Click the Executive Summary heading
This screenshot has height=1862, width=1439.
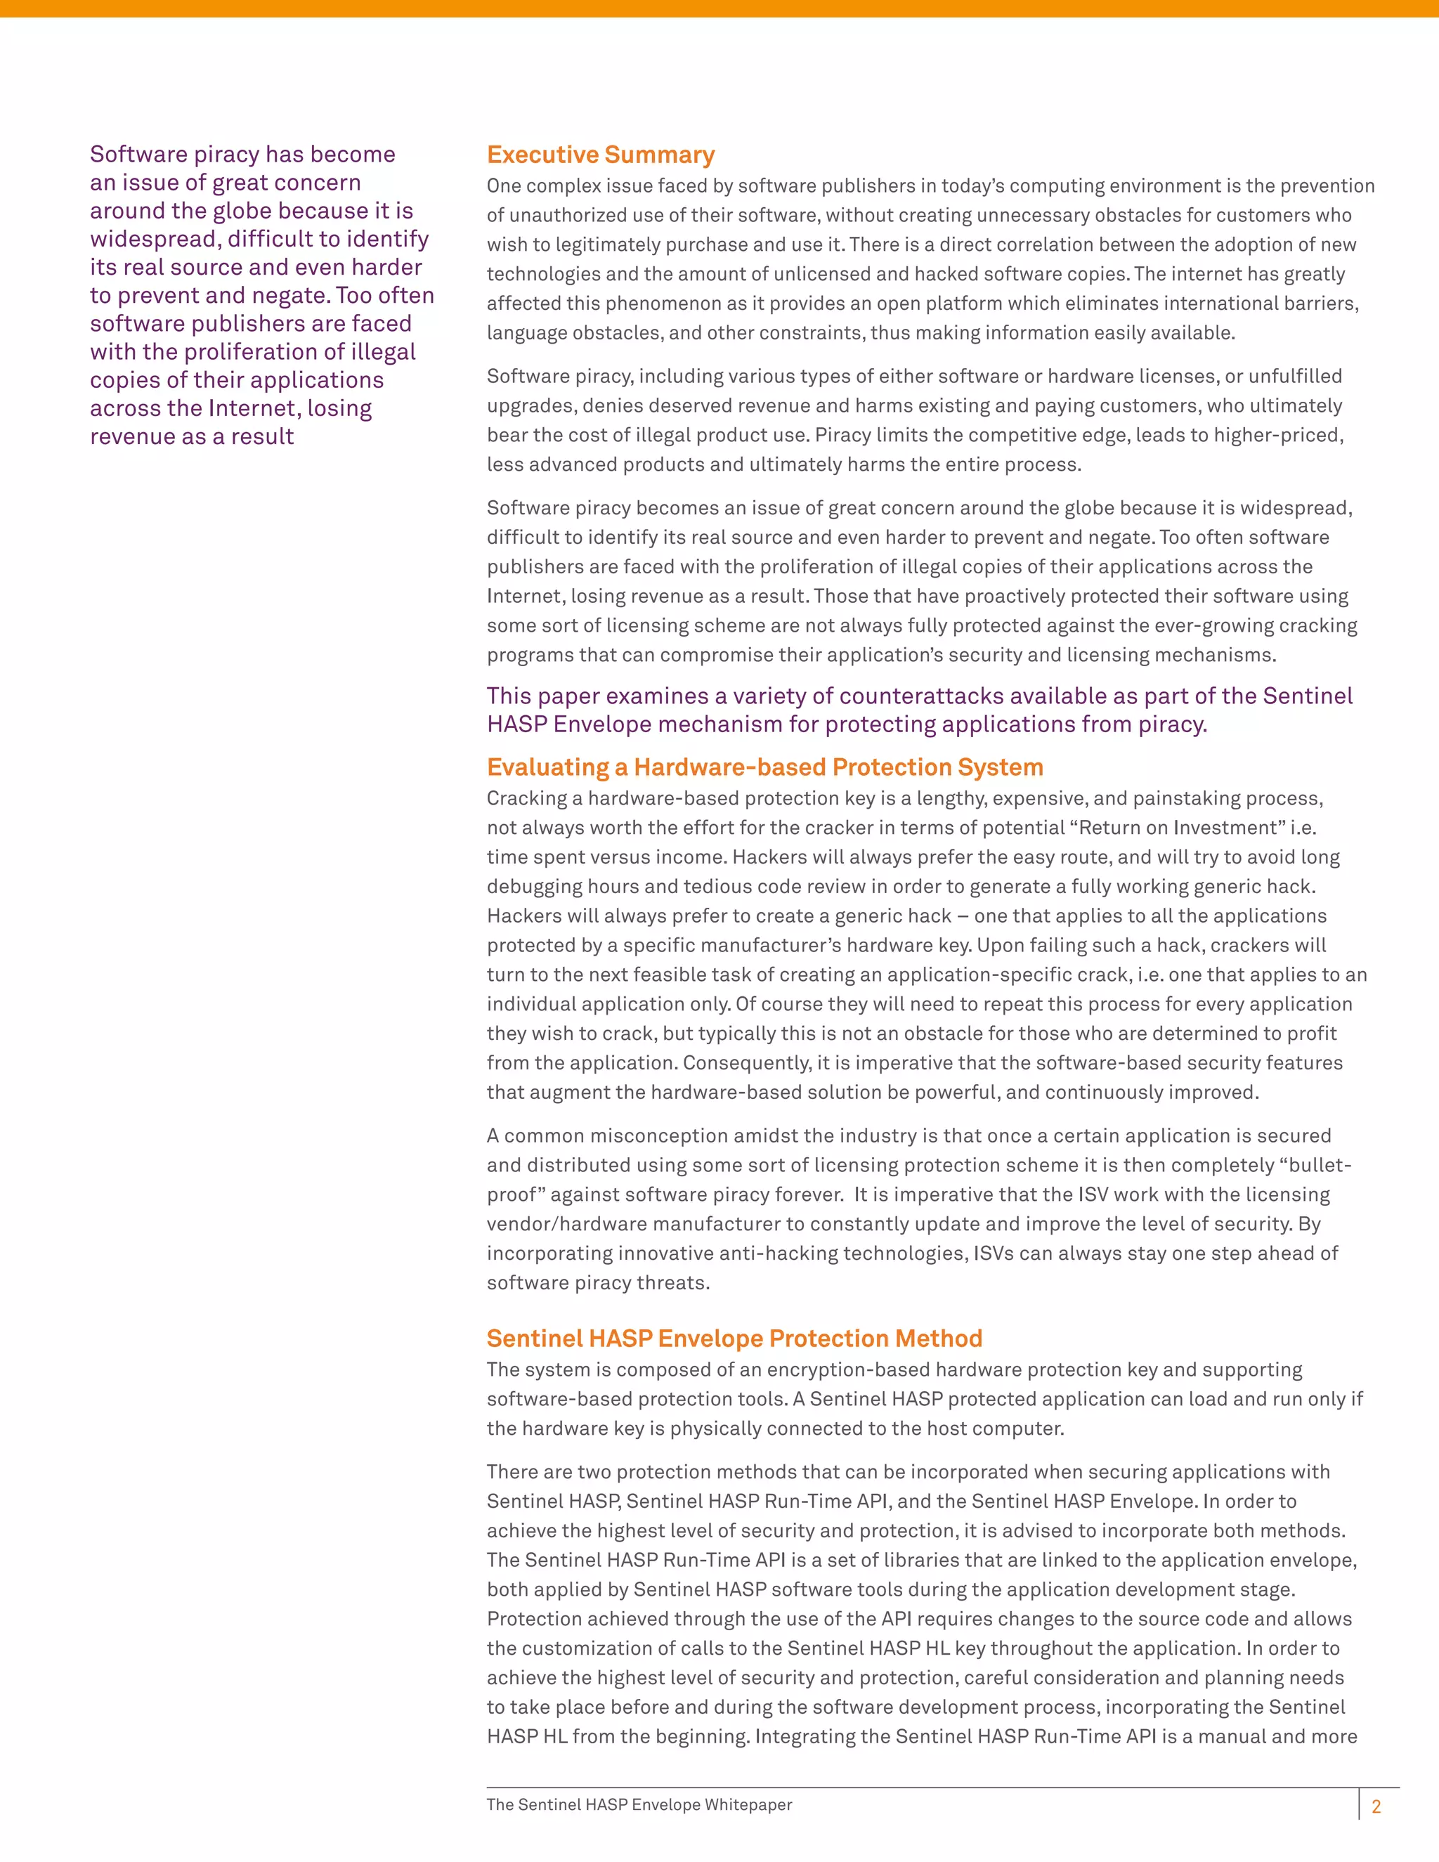600,155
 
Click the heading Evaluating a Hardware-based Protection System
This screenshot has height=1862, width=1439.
764,767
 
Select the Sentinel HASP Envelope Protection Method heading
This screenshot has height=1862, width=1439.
734,1339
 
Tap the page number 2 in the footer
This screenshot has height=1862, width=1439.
1375,1806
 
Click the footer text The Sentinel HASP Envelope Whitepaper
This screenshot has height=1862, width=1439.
639,1805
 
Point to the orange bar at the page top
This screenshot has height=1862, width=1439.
719,8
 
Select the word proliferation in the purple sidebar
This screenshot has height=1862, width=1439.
264,352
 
